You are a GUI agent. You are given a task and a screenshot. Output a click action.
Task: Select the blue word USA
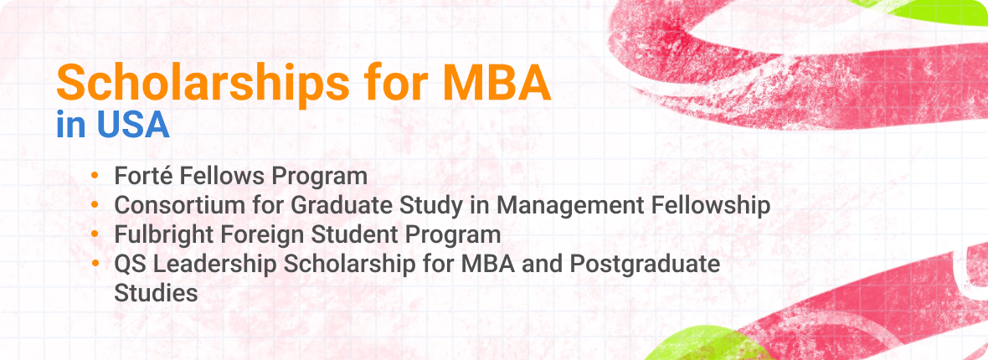(x=133, y=125)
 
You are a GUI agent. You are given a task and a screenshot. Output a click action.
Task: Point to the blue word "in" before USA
(x=71, y=125)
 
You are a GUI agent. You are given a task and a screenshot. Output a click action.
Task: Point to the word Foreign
(x=261, y=234)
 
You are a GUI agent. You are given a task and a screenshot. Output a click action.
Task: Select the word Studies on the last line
(x=156, y=293)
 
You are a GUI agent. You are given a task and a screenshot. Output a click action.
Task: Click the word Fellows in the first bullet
(x=221, y=177)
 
